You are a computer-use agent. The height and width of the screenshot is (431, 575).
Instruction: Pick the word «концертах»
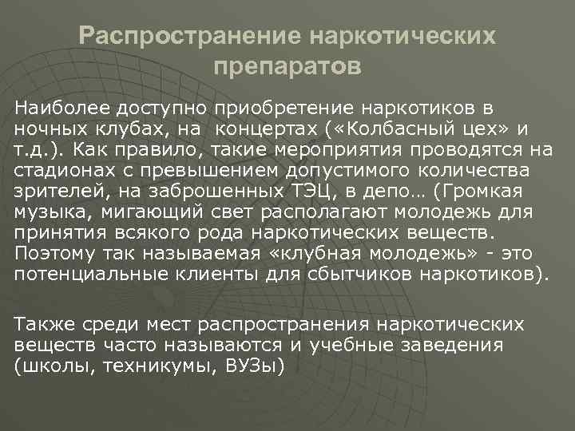[272, 128]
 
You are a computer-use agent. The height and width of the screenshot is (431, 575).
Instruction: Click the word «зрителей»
[53, 190]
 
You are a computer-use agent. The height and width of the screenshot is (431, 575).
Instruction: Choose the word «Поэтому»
[50, 252]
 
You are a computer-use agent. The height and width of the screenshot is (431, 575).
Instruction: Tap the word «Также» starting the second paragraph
[40, 324]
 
